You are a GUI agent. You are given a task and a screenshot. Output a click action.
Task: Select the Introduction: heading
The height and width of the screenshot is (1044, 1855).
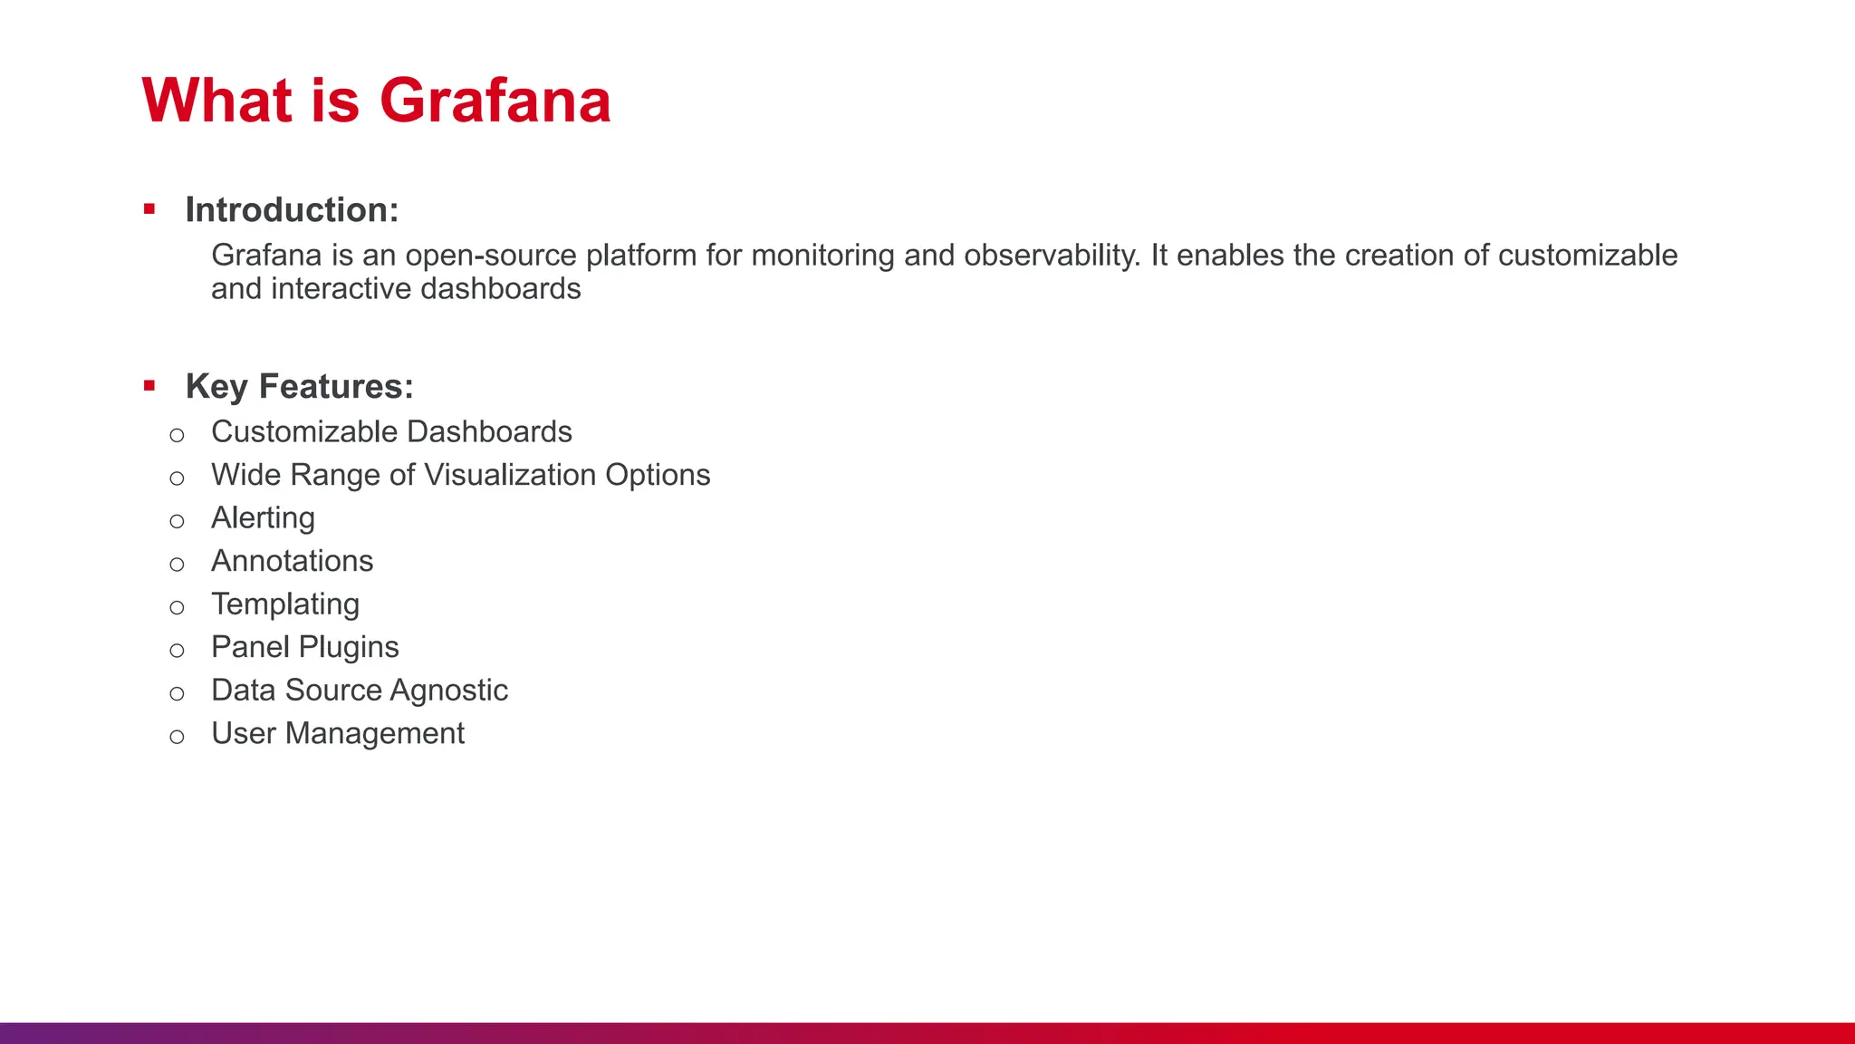pyautogui.click(x=292, y=210)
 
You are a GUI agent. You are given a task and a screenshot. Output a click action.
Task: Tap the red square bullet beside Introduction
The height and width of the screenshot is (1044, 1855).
pyautogui.click(x=149, y=210)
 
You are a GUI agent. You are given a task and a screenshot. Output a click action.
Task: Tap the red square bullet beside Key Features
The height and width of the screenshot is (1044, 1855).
pyautogui.click(x=149, y=387)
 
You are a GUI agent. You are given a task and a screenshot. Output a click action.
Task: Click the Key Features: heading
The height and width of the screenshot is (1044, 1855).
pyautogui.click(x=299, y=387)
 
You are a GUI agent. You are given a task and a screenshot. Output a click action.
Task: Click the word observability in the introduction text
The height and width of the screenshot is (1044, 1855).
pyautogui.click(x=1051, y=256)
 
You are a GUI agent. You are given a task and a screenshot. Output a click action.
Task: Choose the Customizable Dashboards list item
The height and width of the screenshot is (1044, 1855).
pyautogui.click(x=391, y=432)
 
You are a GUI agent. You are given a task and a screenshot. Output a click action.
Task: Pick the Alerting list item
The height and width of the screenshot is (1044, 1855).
pyautogui.click(x=263, y=518)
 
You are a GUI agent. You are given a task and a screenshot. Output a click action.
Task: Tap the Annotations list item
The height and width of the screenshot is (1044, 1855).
pyautogui.click(x=292, y=561)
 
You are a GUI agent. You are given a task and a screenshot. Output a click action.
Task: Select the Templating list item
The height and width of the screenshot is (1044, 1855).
pyautogui.click(x=285, y=604)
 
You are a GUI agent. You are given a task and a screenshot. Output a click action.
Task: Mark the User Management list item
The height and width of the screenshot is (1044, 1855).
pyautogui.click(x=337, y=733)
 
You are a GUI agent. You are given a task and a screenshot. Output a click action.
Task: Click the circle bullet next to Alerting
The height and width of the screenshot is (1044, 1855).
pyautogui.click(x=177, y=521)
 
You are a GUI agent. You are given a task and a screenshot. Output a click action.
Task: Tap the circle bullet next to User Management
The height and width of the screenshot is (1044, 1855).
pyautogui.click(x=177, y=737)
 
